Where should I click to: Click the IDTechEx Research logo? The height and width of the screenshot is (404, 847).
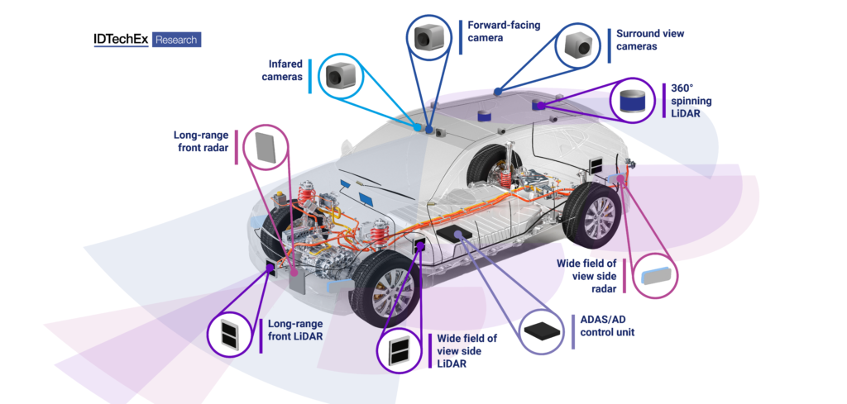pyautogui.click(x=148, y=39)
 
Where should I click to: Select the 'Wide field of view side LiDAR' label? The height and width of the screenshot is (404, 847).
pyautogui.click(x=467, y=350)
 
